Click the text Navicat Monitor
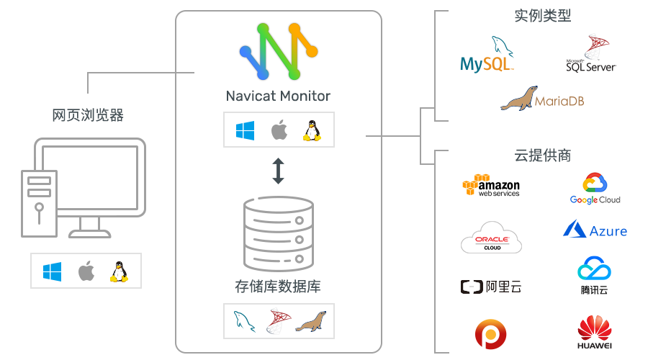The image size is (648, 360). click(x=278, y=96)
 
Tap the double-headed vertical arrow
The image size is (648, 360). click(x=278, y=171)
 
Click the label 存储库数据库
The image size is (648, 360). click(x=278, y=286)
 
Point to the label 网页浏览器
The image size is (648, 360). click(x=88, y=115)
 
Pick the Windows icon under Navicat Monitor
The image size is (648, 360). click(x=246, y=130)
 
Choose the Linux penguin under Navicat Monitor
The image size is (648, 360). click(x=311, y=130)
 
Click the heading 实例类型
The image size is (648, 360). click(x=543, y=16)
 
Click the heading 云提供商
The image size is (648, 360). click(x=543, y=156)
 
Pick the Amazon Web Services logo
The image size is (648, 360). click(x=490, y=186)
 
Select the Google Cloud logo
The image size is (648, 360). click(x=595, y=189)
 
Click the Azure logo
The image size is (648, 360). click(x=595, y=230)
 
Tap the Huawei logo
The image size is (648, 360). click(x=595, y=333)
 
